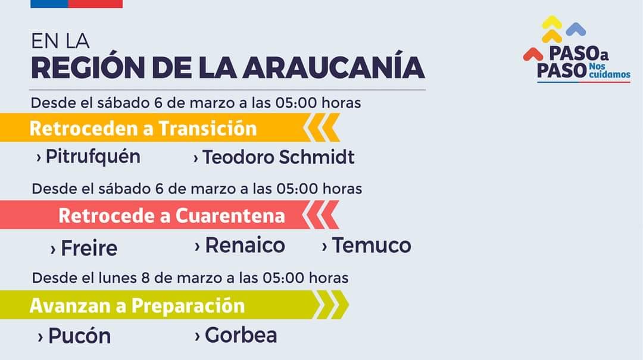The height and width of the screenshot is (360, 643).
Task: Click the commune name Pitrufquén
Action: pos(93,157)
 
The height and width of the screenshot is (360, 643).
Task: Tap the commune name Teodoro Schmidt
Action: pos(279,157)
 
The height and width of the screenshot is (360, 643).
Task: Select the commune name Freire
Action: pos(89,248)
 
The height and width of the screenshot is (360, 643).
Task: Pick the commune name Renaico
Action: pos(245,245)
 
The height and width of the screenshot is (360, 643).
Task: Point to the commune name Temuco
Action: pos(372,245)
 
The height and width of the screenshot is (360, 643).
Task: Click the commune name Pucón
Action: pos(80,336)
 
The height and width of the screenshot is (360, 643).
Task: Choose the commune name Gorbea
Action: pos(241,335)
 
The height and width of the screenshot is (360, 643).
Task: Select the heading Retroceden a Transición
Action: pos(143,129)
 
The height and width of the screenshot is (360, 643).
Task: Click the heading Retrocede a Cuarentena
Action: pos(171,215)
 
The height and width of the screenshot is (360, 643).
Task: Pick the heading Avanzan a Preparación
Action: pos(137,305)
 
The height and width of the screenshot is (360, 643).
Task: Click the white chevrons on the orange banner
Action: pos(321,127)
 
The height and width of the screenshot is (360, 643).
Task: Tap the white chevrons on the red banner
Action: pos(321,214)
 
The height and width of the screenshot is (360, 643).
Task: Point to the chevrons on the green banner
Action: pos(330,305)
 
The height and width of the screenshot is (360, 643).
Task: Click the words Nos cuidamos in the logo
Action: pos(610,71)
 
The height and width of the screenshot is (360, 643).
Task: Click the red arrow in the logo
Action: pos(533,54)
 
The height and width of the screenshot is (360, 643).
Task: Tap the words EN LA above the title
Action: pos(60,41)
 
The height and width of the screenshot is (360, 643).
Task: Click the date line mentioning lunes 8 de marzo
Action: pos(191,278)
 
